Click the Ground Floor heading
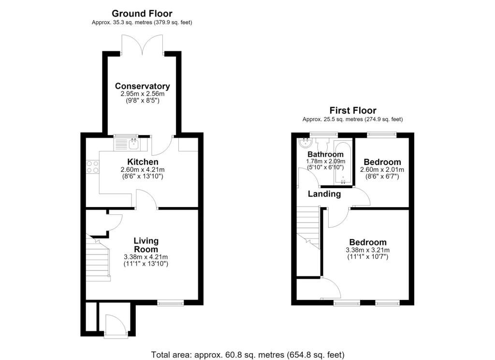click(142, 14)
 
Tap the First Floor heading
click(353, 110)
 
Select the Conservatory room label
click(143, 86)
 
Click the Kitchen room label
click(143, 162)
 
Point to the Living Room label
click(146, 245)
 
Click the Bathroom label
click(325, 154)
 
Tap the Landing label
click(324, 194)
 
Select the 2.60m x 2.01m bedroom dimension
click(382, 170)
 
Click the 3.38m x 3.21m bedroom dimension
click(368, 250)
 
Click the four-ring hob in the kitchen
click(92, 167)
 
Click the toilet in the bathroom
click(322, 144)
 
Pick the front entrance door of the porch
click(116, 326)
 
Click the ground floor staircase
click(98, 258)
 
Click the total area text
click(248, 355)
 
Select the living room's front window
click(171, 303)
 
